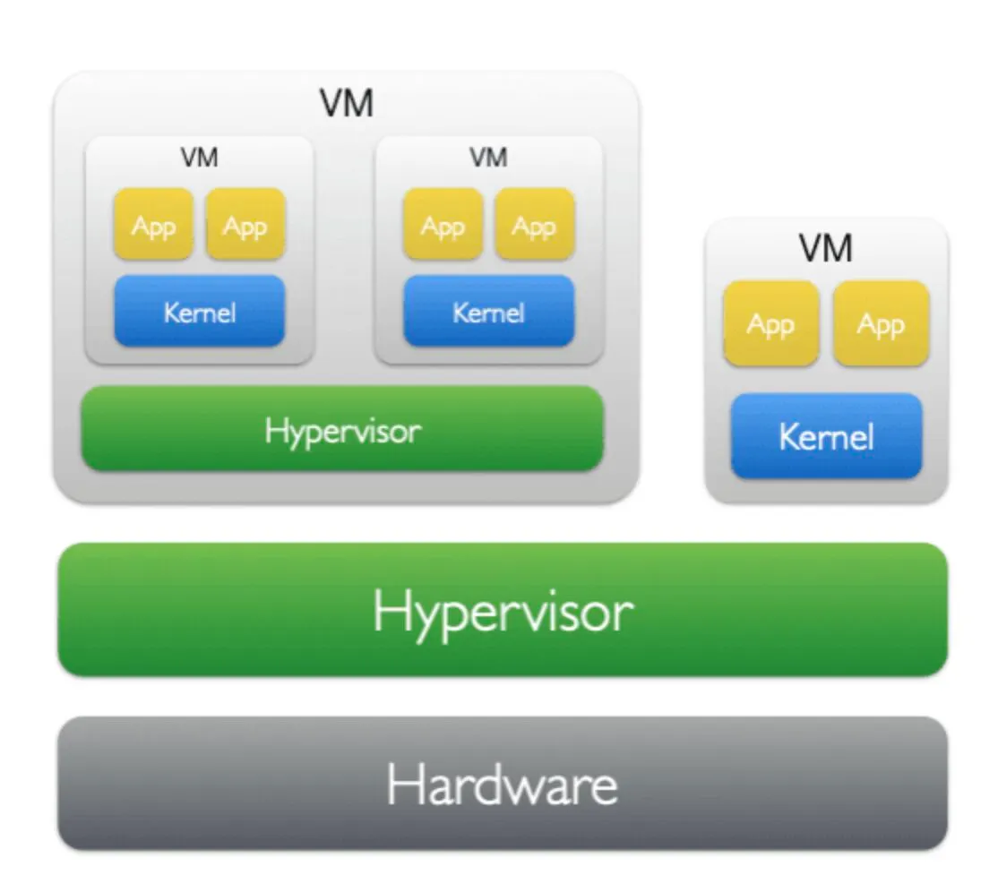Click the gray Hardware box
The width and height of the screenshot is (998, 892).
pos(503,784)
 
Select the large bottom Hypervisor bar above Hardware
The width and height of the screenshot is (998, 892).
pos(503,610)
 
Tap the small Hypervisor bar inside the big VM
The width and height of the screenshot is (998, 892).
pos(342,429)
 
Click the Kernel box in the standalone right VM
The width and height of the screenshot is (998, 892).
pos(826,436)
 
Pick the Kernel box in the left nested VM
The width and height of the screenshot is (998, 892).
pos(199,311)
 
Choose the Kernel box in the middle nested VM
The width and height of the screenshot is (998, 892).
pos(489,311)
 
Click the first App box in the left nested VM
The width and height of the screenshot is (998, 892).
pos(153,224)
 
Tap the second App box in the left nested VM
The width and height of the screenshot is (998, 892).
pos(245,224)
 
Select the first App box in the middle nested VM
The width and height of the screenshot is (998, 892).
pos(443,224)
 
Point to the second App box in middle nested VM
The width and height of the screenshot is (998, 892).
pos(535,224)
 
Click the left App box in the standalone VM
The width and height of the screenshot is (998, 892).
pos(770,324)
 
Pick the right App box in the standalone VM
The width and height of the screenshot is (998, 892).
pos(881,324)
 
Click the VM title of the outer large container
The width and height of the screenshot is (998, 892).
pos(346,103)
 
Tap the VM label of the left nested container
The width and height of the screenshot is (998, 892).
pos(199,157)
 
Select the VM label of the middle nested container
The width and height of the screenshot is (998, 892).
pos(489,157)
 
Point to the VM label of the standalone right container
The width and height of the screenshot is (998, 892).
pos(825,247)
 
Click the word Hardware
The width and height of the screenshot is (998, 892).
pos(503,785)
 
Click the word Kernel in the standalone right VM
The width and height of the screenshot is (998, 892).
pos(826,437)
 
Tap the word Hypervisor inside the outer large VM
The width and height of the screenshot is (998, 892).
pos(343,432)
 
